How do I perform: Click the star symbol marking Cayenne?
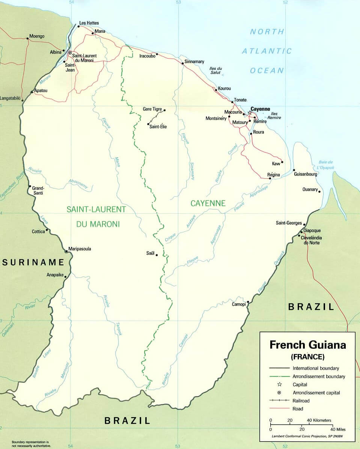coord(250,113)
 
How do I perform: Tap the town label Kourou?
coord(224,89)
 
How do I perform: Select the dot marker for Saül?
coord(157,255)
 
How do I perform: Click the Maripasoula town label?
coord(80,249)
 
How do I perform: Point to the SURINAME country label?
coord(33,262)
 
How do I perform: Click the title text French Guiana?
coord(307,345)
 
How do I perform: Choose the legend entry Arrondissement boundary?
coord(319,376)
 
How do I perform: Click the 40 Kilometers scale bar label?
coord(319,420)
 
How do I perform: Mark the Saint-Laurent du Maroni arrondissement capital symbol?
coord(70,53)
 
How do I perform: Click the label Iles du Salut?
coord(216,70)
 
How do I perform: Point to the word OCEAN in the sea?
coord(267,71)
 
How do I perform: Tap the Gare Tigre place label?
coord(152,109)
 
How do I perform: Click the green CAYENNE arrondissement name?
coord(208,203)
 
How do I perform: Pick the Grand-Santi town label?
coord(38,190)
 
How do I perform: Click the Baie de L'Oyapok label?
coord(325,164)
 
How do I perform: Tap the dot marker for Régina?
coord(270,178)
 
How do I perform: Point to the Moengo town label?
coord(37,36)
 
